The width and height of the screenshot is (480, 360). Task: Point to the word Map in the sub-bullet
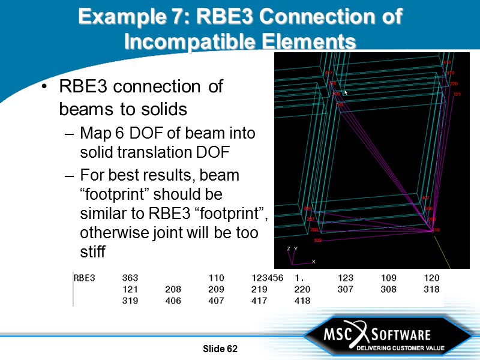[93, 133]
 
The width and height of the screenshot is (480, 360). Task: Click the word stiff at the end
[93, 251]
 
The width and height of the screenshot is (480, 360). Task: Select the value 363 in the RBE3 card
[130, 278]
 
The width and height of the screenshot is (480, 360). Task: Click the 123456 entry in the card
[268, 278]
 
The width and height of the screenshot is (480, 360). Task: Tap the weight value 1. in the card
[300, 278]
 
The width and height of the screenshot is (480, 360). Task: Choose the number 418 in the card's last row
[302, 301]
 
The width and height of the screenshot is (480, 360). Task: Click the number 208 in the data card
[173, 289]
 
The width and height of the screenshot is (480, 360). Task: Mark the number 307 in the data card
[346, 289]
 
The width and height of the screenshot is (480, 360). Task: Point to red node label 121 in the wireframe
[457, 94]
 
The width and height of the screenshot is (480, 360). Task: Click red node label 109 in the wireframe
[317, 240]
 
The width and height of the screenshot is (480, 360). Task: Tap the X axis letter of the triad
[313, 262]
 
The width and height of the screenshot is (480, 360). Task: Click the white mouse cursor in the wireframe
[346, 92]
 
